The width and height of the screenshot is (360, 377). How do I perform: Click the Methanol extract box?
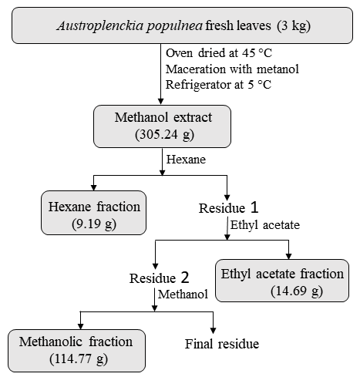pos(162,126)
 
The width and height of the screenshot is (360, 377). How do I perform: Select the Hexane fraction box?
pos(93,213)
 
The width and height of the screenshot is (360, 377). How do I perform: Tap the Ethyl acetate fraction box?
pos(282,281)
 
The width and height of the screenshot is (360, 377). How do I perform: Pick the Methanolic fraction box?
pos(76,351)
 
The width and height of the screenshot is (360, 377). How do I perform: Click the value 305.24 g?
pos(164,135)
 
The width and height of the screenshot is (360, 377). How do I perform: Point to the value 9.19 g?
pos(94,224)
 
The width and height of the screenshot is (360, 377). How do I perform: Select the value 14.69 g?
pos(297,291)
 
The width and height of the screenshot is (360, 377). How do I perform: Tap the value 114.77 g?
pos(79,359)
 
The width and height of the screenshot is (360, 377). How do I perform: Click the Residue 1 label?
pos(228,207)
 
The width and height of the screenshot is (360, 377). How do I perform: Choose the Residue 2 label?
pos(160,278)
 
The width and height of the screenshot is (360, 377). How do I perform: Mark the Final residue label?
pos(222,344)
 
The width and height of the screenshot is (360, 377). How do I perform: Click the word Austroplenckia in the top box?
pos(100,26)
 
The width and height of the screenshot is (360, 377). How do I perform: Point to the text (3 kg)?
pos(294,26)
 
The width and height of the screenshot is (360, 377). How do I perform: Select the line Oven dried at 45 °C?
pos(219,53)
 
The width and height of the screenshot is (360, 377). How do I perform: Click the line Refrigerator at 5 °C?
pos(218,85)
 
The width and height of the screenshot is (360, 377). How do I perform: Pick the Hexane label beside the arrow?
pos(186,160)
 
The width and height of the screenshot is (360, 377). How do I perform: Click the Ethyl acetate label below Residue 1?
pos(265,225)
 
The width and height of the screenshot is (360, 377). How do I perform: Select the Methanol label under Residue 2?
pos(183,295)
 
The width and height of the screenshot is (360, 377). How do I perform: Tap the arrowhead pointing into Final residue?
pos(213,331)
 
